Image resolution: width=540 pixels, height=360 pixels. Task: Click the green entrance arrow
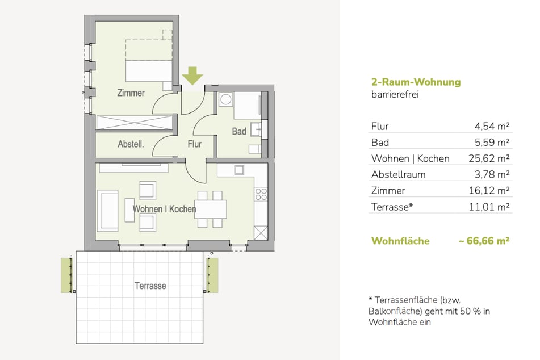tap(192, 76)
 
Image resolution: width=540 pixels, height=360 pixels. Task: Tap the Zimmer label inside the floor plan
tap(131, 93)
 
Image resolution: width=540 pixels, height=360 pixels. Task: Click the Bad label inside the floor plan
tap(239, 131)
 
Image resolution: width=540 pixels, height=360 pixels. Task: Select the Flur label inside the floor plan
tap(195, 144)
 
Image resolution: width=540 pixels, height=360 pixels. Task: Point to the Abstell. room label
tap(131, 144)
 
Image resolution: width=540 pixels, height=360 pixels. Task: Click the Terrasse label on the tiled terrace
tap(150, 286)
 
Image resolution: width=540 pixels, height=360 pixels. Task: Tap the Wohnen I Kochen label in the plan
tap(164, 209)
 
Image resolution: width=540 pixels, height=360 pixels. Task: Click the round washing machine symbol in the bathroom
tap(225, 99)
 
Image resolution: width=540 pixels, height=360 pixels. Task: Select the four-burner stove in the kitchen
tap(261, 194)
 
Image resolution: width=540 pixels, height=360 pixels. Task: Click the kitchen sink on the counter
tap(239, 170)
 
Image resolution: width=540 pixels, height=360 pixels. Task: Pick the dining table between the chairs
tap(211, 209)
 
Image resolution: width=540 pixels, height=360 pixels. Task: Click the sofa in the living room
tap(108, 211)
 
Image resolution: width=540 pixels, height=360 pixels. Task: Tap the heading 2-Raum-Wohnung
tap(416, 82)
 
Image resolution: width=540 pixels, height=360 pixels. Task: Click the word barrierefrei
tap(395, 94)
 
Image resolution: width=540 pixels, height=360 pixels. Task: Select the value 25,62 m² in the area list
tap(489, 158)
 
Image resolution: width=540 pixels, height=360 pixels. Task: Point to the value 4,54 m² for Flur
tap(492, 126)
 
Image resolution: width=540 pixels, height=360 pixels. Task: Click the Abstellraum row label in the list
tap(399, 174)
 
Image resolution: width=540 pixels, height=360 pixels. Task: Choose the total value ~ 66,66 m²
tap(484, 240)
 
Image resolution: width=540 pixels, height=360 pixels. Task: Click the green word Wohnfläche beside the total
tap(400, 240)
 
